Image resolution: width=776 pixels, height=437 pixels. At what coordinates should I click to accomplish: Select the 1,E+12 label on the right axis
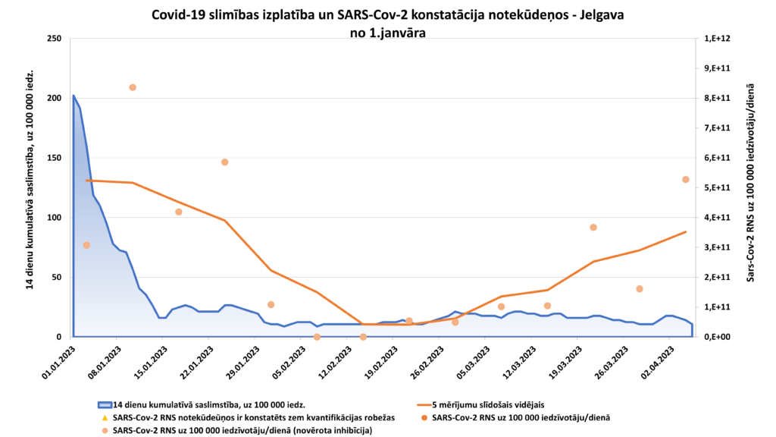tap(717, 39)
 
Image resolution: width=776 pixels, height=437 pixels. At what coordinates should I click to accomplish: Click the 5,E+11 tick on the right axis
tap(717, 187)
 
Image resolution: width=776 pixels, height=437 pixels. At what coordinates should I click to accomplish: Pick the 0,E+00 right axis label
tap(717, 337)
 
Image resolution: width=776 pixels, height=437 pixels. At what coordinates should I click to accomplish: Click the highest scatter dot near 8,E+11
tap(133, 87)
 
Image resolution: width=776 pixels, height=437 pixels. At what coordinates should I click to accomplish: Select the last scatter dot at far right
tap(685, 180)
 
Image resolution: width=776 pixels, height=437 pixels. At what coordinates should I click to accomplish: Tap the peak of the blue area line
tap(74, 96)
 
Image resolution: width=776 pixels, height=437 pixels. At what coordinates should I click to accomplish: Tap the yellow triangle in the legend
tap(104, 417)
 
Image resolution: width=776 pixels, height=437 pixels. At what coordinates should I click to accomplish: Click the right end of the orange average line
tap(685, 232)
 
